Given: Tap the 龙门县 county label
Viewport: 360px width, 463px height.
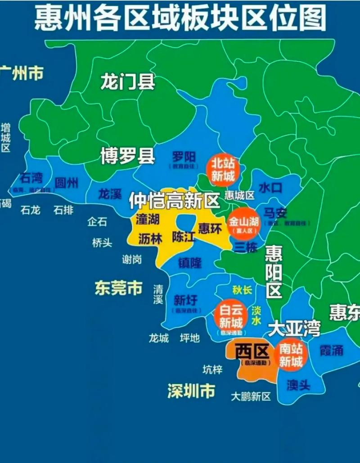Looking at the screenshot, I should coord(128,82).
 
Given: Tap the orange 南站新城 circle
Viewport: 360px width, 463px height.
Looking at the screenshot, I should coord(291,355).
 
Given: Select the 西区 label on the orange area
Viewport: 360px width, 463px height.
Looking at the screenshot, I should coord(252,351).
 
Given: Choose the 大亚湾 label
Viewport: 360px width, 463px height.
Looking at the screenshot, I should coord(294,329).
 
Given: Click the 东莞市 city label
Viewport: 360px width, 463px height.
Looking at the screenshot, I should coord(118,288).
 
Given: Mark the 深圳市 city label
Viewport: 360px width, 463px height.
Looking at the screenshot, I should coord(191,391).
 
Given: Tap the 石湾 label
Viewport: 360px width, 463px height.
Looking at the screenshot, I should coord(31,178).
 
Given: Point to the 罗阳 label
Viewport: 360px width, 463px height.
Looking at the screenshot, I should coord(184,157).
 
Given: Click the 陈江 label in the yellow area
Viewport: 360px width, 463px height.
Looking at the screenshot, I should coord(184,236).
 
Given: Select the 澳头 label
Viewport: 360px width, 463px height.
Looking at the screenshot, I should coord(298,385).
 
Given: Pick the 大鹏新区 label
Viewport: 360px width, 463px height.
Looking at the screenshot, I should coord(251,396).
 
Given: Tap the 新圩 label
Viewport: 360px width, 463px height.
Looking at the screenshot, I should coord(185,300).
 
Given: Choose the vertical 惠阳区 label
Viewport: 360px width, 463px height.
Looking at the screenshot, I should coord(273,272).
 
